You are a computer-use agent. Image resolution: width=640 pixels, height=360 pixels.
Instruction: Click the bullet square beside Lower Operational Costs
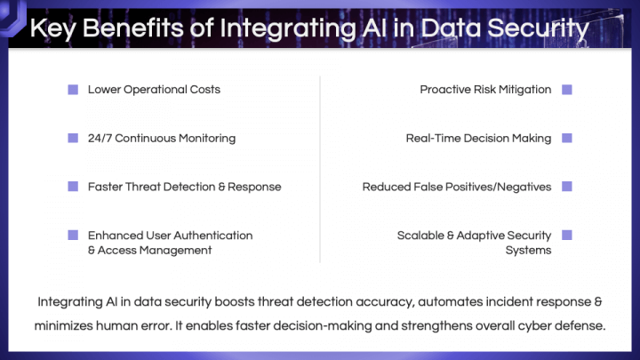point(73,90)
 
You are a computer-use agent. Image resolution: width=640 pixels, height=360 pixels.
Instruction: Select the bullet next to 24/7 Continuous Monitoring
point(73,138)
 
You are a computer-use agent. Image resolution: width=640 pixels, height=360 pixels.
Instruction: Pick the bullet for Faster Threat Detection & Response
point(73,187)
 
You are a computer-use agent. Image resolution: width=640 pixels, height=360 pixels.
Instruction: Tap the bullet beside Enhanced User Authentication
point(73,235)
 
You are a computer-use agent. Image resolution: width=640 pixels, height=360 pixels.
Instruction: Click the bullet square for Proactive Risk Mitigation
point(567,90)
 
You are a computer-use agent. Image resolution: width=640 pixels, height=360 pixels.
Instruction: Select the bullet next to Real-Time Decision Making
point(567,138)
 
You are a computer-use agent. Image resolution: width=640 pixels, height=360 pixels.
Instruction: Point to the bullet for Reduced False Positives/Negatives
point(567,187)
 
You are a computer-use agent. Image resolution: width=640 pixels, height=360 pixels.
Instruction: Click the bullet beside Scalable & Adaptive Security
point(567,235)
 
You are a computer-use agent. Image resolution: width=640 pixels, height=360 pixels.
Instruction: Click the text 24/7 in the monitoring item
point(100,139)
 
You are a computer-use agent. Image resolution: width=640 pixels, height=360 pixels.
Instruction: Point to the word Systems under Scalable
point(529,250)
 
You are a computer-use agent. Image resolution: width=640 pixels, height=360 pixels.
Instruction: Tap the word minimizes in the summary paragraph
point(64,325)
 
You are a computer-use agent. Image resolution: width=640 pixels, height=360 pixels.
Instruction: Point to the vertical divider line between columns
point(320,169)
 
